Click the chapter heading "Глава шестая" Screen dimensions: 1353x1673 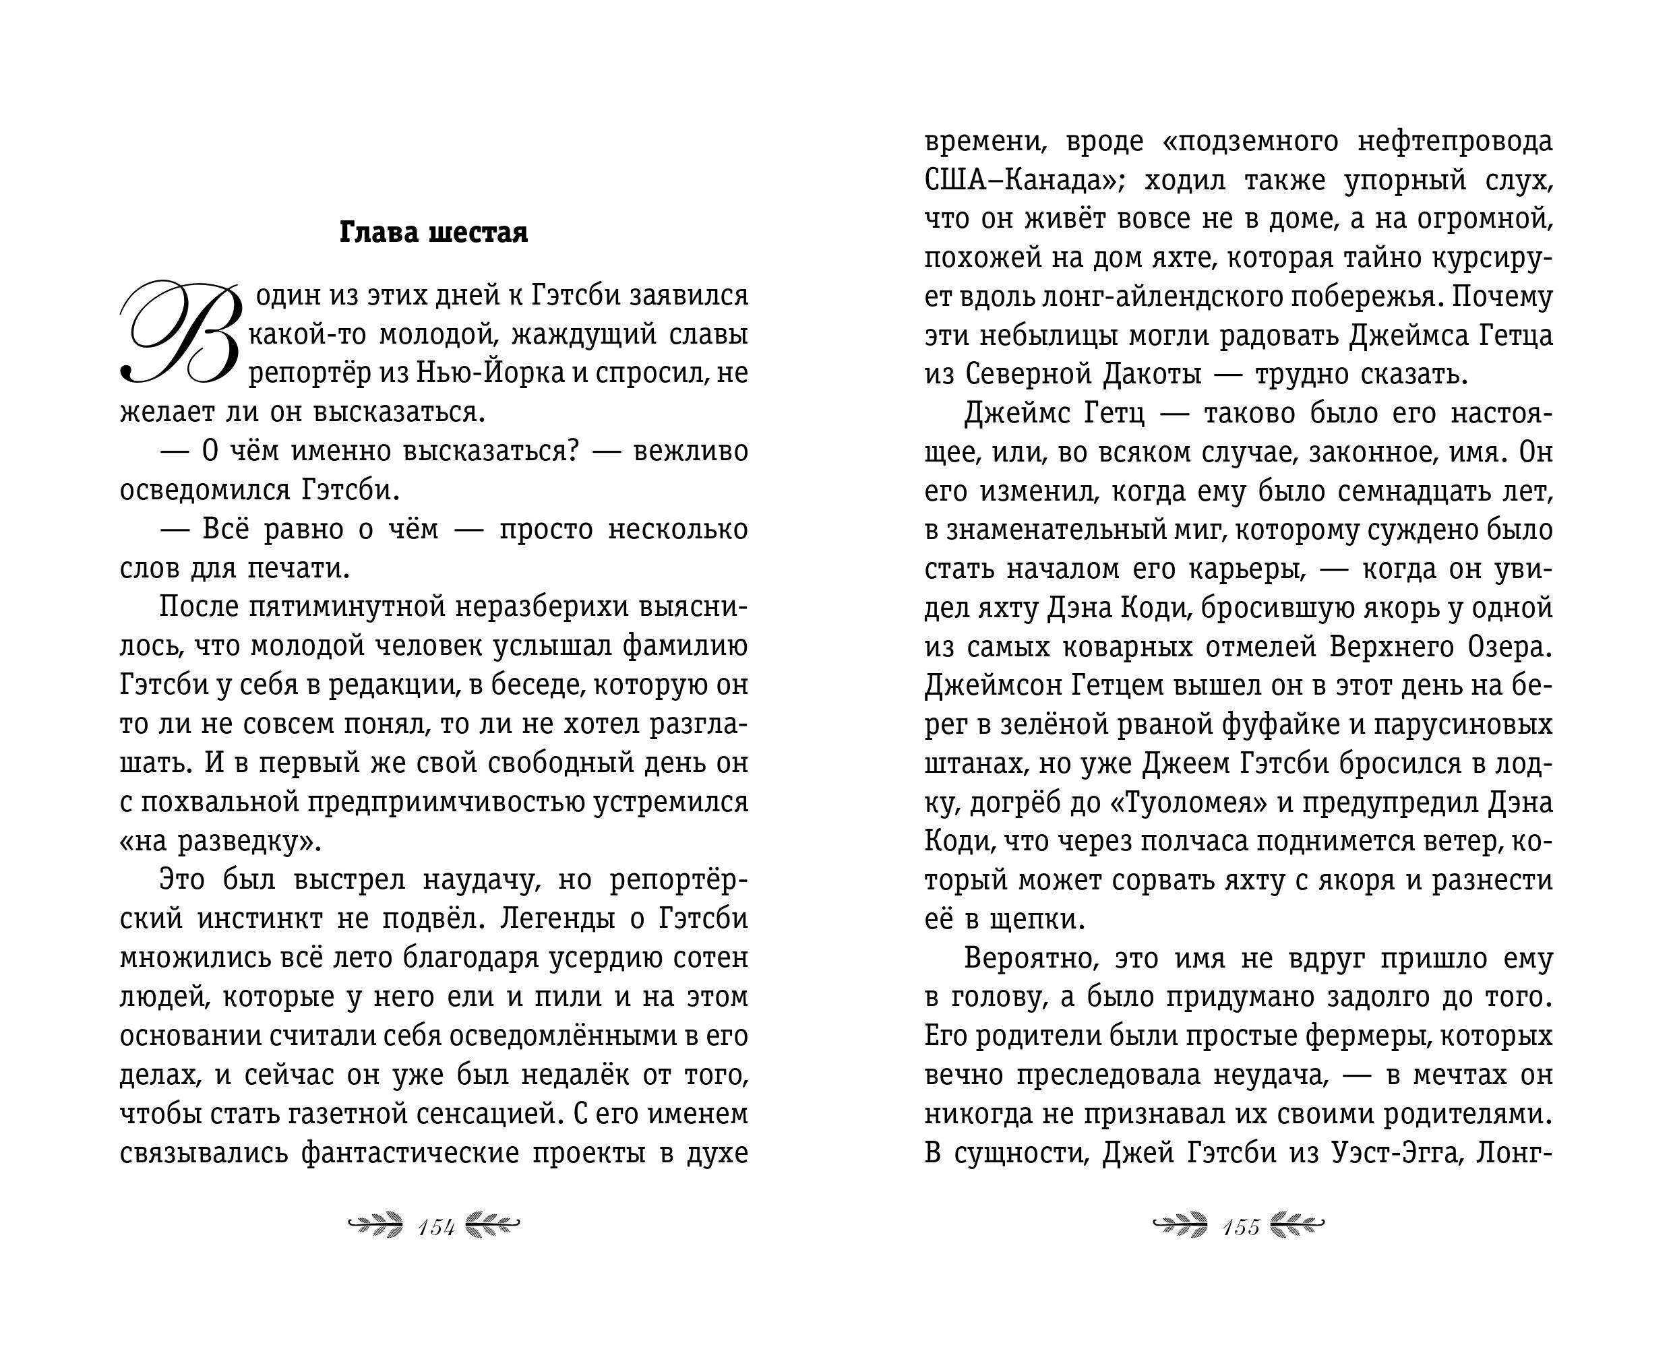[x=433, y=233]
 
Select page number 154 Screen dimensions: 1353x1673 [x=437, y=1228]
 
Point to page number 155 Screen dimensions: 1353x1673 [x=1241, y=1228]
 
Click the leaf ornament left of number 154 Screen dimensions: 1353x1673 [x=375, y=1226]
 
